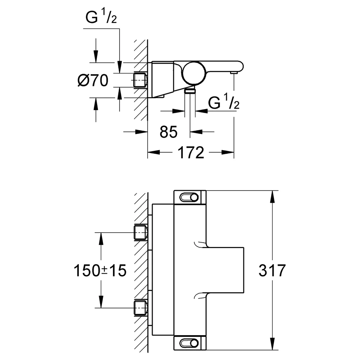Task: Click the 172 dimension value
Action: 191,152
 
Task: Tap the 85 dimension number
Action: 168,132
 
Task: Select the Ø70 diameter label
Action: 93,80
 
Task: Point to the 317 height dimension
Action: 272,270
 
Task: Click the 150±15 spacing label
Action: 100,270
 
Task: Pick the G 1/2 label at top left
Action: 101,17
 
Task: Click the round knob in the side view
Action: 194,73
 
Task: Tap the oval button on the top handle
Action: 189,197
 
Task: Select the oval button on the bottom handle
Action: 189,343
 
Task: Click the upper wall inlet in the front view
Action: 140,233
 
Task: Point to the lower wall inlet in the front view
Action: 140,308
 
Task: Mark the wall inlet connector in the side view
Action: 140,80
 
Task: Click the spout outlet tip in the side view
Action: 234,73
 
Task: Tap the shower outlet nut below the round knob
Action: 190,91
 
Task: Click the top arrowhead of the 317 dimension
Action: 272,197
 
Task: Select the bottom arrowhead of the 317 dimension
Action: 272,344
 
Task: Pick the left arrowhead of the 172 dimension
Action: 154,152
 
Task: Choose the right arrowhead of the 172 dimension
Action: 228,152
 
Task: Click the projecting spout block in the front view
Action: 225,270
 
